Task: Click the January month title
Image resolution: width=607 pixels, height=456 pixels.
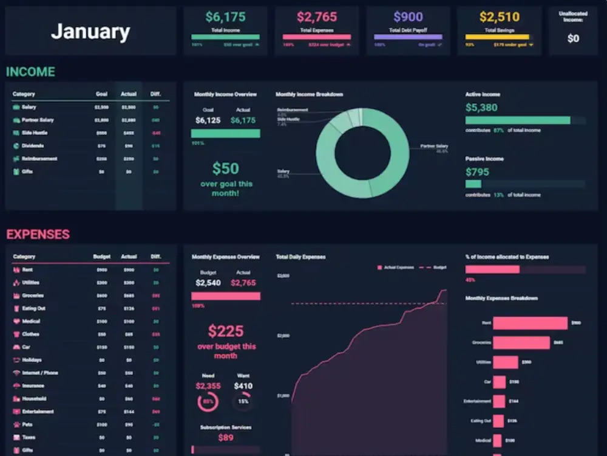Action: [x=90, y=32]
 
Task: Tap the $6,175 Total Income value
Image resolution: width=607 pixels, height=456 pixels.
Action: [x=225, y=17]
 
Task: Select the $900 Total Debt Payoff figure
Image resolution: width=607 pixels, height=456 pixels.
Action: [x=409, y=17]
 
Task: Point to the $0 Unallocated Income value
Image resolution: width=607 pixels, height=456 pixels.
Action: [x=573, y=38]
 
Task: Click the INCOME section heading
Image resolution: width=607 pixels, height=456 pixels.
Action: [x=30, y=72]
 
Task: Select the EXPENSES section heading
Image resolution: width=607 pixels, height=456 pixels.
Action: [x=38, y=234]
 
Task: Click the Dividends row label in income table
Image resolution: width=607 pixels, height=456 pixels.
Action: [x=33, y=146]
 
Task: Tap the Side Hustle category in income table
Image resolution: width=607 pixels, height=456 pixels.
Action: [x=35, y=133]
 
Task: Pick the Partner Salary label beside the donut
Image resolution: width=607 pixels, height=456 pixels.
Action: [x=433, y=147]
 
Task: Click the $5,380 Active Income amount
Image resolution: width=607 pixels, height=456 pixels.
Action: [x=481, y=108]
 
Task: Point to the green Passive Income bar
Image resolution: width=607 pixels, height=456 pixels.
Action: [x=473, y=184]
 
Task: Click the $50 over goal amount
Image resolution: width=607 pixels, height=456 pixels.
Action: [x=226, y=168]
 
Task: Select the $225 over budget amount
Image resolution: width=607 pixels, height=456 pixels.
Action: [x=226, y=331]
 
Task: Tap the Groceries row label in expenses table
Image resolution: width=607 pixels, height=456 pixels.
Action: [x=33, y=295]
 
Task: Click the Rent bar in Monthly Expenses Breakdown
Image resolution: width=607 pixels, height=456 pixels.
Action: [x=530, y=323]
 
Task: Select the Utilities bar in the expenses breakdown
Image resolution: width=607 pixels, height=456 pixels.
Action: [x=505, y=362]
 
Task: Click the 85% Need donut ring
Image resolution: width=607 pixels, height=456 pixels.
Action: [x=208, y=402]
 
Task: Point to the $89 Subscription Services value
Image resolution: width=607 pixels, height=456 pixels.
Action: [x=226, y=437]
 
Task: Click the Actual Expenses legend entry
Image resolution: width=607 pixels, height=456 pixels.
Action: [x=397, y=267]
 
